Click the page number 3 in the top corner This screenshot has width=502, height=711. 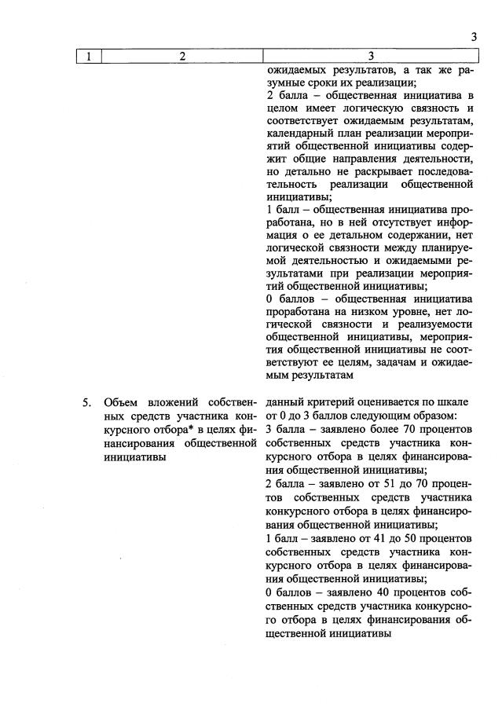click(474, 36)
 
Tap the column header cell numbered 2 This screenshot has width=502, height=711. click(182, 56)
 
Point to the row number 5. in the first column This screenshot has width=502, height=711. click(88, 402)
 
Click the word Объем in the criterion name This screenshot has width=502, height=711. click(120, 402)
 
